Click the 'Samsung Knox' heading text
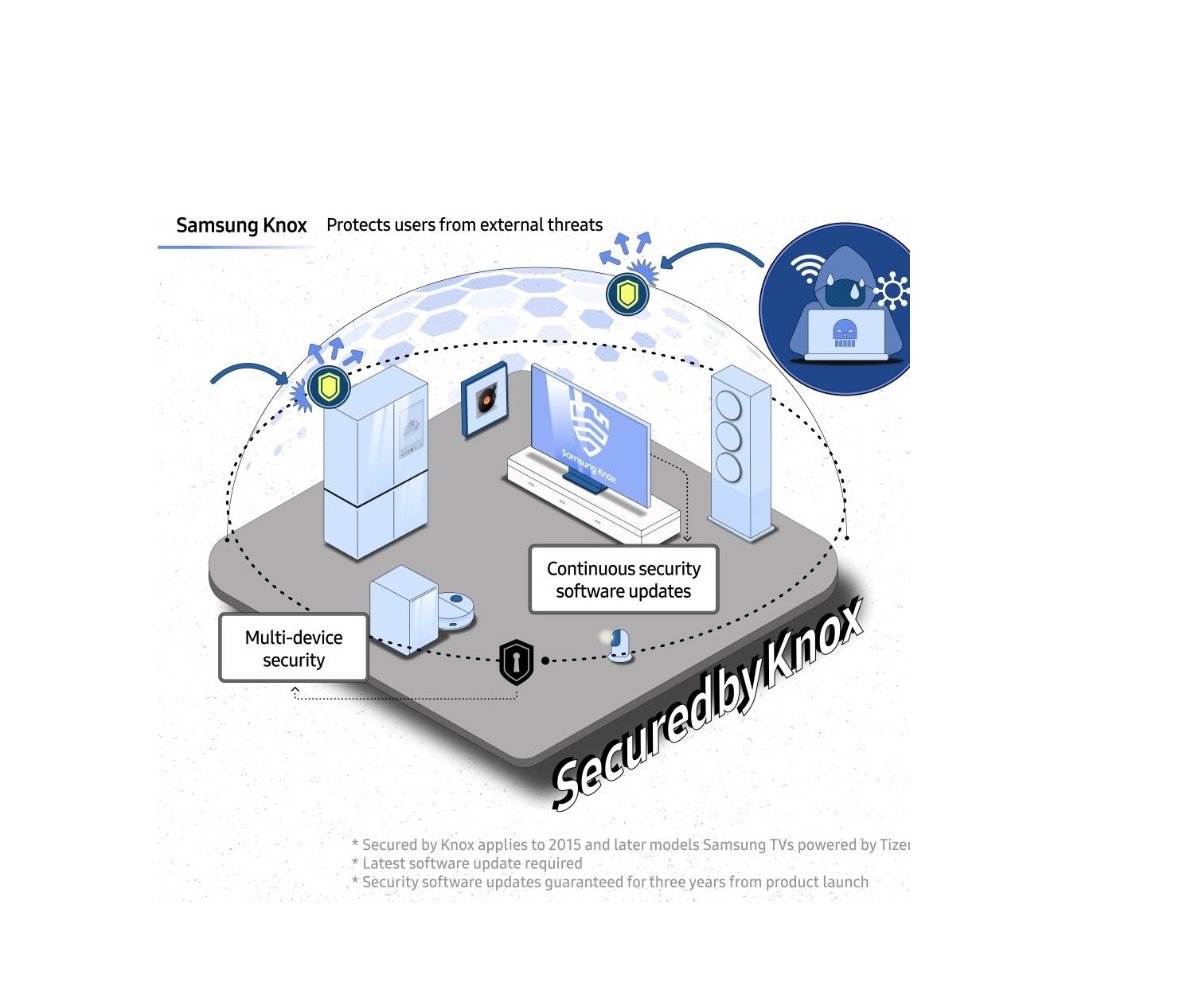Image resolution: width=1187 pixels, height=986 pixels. coord(241,226)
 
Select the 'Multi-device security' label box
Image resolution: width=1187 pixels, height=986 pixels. coord(294,649)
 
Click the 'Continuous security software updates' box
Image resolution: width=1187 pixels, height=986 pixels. coord(623,580)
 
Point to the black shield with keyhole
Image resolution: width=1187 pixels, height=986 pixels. coord(516,661)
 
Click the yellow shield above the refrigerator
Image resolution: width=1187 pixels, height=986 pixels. coord(329,388)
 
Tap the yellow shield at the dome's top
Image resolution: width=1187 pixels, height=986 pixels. coord(627,294)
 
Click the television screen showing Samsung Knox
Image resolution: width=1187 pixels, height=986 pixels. coord(589,430)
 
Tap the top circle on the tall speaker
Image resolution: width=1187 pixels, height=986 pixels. coord(728,406)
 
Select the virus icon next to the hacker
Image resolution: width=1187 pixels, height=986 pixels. coord(892,290)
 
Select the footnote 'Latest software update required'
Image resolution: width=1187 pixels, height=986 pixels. coord(472,863)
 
